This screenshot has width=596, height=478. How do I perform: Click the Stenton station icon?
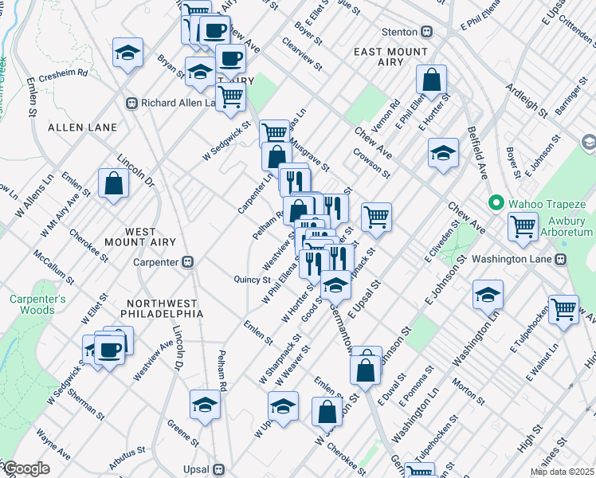(x=426, y=32)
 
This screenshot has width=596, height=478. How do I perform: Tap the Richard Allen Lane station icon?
(x=132, y=103)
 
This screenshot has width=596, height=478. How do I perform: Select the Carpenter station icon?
(x=188, y=261)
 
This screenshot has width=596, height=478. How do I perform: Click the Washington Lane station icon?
(x=561, y=259)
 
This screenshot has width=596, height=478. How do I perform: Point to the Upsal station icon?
(x=218, y=469)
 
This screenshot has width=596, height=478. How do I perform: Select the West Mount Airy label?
(x=128, y=240)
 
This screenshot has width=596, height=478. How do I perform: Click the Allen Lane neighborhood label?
(x=82, y=127)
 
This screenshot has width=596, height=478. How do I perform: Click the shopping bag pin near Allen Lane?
(x=114, y=183)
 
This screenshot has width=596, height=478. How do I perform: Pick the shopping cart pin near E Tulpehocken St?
(x=563, y=309)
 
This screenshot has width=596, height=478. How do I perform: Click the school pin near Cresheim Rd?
(x=127, y=53)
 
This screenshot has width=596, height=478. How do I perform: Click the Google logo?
(x=25, y=468)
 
